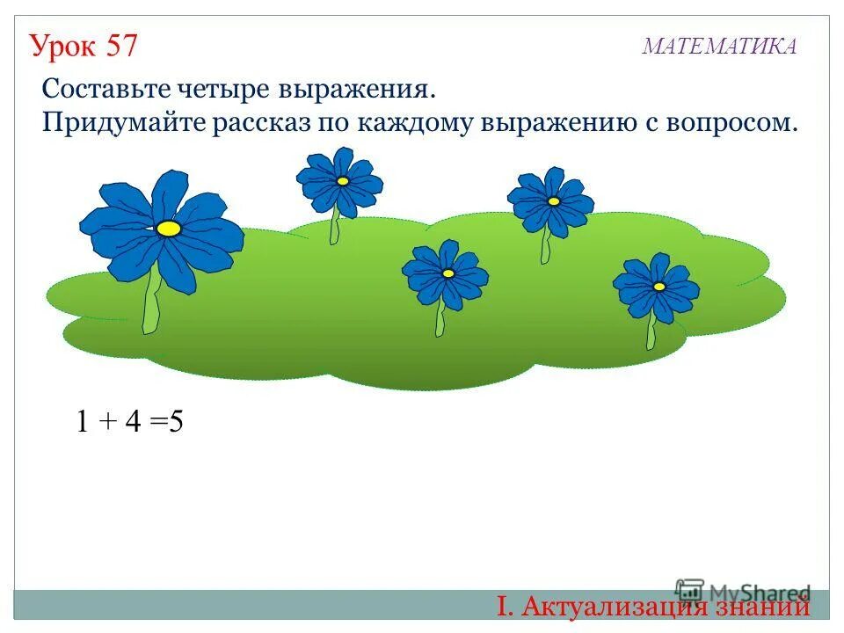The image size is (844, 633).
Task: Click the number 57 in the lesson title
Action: (122, 45)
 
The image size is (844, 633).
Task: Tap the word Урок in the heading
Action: (62, 45)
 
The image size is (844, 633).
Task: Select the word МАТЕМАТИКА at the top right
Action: (719, 47)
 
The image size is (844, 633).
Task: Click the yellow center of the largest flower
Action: (169, 229)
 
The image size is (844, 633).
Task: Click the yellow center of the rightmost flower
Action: (658, 286)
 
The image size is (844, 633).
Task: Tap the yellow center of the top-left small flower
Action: (342, 180)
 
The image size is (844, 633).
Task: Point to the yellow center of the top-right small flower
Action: (553, 201)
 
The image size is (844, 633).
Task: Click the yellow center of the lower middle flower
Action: (447, 273)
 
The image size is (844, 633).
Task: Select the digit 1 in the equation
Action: (82, 422)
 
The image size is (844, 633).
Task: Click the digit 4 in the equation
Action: (133, 422)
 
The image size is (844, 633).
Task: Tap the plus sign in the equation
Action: (107, 423)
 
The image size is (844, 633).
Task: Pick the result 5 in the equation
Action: (175, 422)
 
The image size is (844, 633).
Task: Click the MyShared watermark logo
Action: (743, 592)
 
